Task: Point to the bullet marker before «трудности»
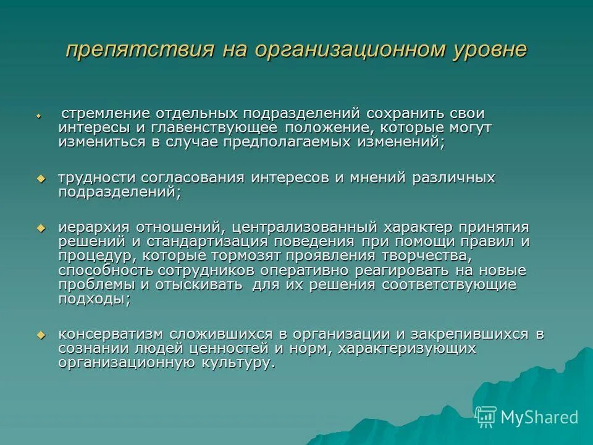click(x=41, y=179)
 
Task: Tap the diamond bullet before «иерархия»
click(x=41, y=228)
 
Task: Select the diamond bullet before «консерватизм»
click(x=41, y=335)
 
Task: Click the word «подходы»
click(x=92, y=299)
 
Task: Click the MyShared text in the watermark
click(x=539, y=417)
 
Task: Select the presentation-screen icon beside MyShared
click(x=486, y=417)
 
